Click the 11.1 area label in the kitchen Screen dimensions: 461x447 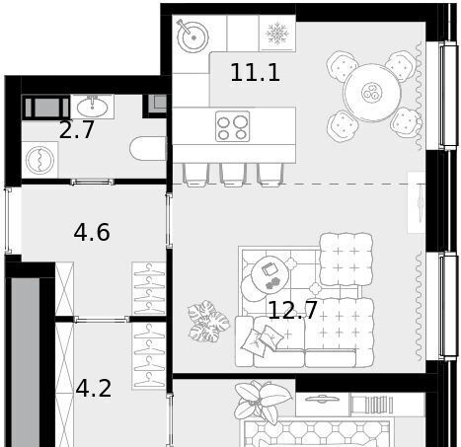(255, 73)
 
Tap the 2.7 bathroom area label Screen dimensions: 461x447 (77, 130)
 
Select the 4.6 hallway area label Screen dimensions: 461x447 (92, 233)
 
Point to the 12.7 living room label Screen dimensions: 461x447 (292, 310)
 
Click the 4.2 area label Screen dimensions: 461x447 (94, 389)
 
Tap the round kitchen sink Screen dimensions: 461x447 (192, 37)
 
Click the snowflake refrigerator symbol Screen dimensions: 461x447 (277, 34)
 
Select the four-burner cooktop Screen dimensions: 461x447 (233, 126)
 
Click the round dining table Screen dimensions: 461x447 (372, 93)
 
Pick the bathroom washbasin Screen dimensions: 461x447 (92, 107)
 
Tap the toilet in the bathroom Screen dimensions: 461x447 (148, 148)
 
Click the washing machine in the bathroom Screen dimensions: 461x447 (39, 160)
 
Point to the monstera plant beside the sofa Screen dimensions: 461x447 (208, 321)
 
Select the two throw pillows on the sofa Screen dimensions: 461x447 (263, 340)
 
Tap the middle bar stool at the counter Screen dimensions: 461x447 (233, 175)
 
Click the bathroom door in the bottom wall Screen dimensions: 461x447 (92, 182)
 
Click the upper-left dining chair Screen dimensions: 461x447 (343, 68)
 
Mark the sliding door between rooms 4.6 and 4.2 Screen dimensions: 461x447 (102, 319)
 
